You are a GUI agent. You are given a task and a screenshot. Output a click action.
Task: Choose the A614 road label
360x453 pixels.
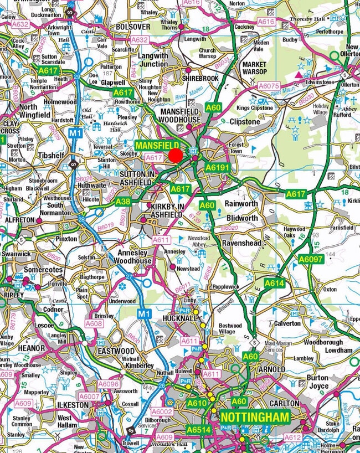click(x=274, y=283)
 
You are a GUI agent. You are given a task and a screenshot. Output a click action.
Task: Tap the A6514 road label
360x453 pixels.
click(x=198, y=429)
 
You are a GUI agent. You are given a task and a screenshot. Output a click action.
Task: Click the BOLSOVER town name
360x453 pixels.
click(x=133, y=27)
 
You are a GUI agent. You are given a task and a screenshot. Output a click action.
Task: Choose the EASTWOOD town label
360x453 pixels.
click(x=116, y=351)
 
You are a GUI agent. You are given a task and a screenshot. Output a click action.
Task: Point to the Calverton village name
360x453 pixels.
click(x=287, y=323)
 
